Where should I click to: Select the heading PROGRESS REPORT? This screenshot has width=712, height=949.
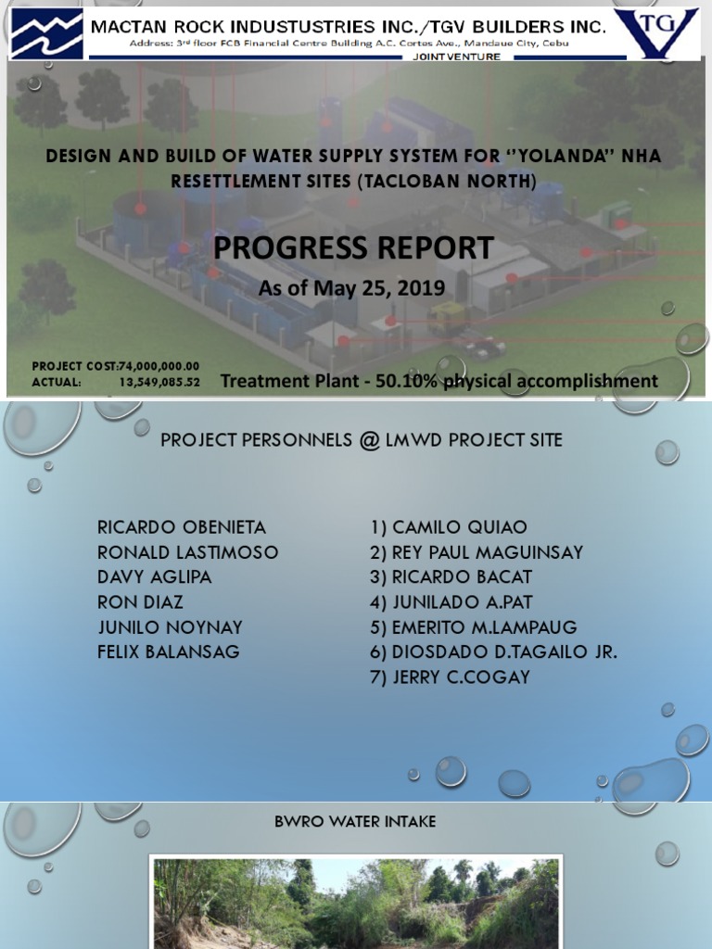[x=354, y=248]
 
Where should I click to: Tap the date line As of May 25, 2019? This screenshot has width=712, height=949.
[x=351, y=288]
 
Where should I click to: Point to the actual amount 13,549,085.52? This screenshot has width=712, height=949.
[x=159, y=381]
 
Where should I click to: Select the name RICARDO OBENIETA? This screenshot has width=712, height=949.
[x=182, y=527]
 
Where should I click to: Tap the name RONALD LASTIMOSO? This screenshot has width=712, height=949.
[x=188, y=552]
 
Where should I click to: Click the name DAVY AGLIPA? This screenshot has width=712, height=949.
[x=155, y=577]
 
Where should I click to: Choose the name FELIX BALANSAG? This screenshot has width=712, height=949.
[x=169, y=652]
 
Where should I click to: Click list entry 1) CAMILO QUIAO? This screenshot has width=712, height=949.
[x=449, y=527]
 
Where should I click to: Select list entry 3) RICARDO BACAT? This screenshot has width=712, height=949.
[x=451, y=577]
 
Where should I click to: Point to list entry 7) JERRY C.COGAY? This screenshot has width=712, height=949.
[x=450, y=677]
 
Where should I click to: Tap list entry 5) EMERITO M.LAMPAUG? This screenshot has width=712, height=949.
[x=474, y=627]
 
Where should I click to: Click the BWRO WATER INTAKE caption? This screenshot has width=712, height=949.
[x=355, y=822]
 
